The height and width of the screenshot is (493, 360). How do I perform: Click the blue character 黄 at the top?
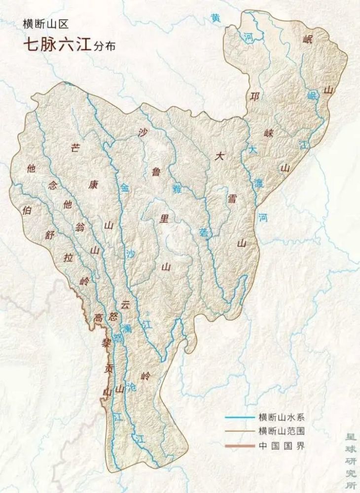pyautogui.click(x=216, y=18)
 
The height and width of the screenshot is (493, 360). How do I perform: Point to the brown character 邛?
pyautogui.click(x=254, y=96)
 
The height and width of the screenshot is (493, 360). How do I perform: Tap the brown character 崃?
pyautogui.click(x=269, y=132)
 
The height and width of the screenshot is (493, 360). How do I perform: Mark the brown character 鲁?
pyautogui.click(x=156, y=172)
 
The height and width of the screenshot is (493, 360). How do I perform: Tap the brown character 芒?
pyautogui.click(x=75, y=148)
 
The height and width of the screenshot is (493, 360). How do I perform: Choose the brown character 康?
pyautogui.click(x=92, y=185)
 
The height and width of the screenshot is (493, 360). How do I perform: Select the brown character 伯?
pyautogui.click(x=27, y=210)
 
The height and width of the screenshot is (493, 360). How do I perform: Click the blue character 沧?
pyautogui.click(x=130, y=387)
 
